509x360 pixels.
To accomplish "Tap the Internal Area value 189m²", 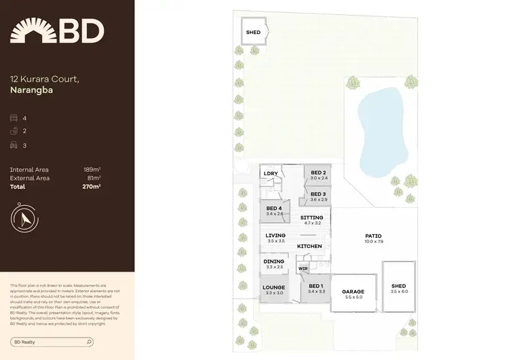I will click(92, 169).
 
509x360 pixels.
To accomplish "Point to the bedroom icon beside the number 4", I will click(14, 118).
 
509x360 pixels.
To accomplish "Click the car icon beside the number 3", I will click(14, 145).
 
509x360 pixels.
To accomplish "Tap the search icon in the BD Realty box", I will click(90, 342).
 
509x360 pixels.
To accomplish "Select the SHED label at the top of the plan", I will click(252, 32).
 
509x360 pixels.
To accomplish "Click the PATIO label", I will click(373, 236).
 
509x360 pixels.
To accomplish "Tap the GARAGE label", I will click(353, 291).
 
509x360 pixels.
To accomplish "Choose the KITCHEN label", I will click(309, 245).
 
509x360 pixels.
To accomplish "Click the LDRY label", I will click(271, 173).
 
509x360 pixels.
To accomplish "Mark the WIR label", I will click(303, 268).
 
